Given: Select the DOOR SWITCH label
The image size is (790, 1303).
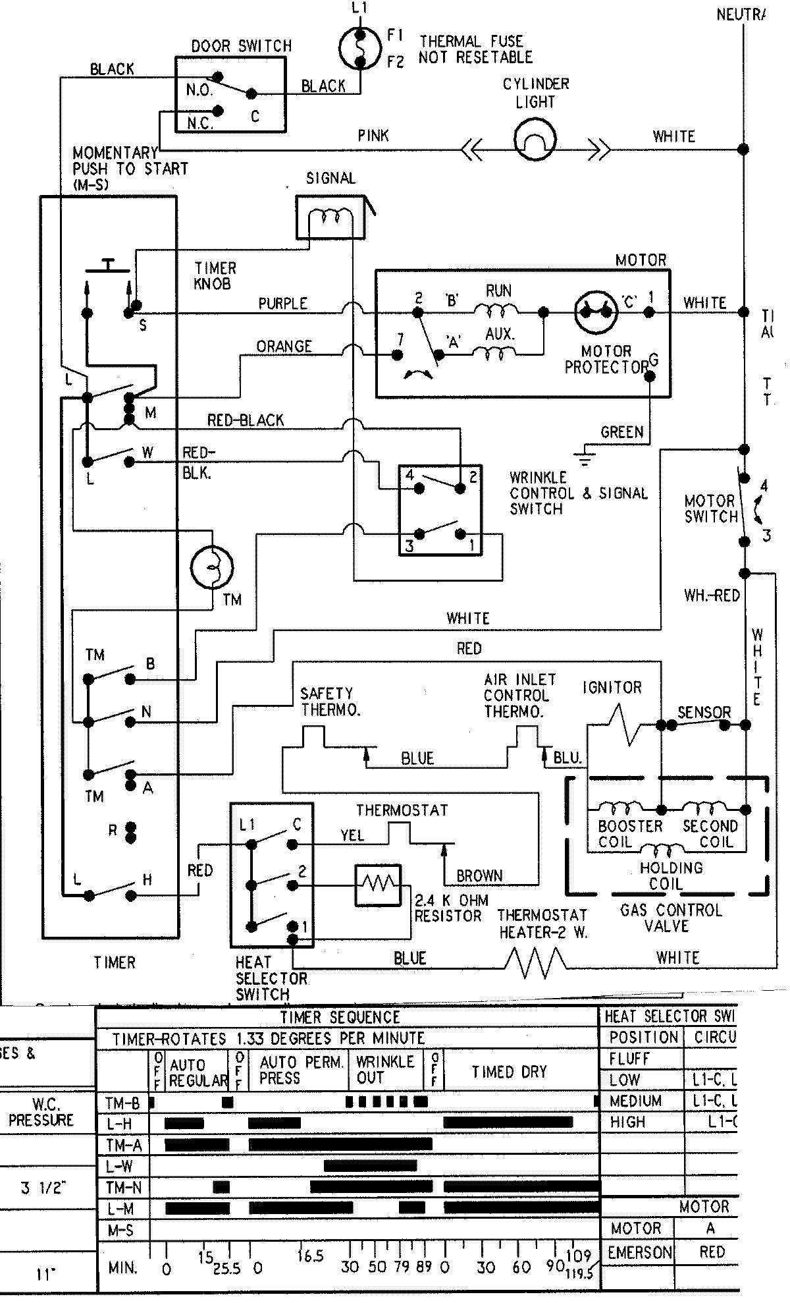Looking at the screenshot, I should coord(242,46).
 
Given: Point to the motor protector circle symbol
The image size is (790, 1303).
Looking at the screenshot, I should coord(596,313).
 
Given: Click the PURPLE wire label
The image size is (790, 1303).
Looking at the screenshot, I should coord(282,304).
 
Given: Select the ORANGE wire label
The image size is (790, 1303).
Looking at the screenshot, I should coord(284,347).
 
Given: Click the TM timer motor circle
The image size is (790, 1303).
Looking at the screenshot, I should coord(212,567).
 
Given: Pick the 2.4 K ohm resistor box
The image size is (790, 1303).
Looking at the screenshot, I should coord(378,885).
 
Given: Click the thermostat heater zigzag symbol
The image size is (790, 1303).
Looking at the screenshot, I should coord(535,962).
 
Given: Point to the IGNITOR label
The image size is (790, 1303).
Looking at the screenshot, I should coord(612,688).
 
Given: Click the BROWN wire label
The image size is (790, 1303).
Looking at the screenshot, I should coord(479,876).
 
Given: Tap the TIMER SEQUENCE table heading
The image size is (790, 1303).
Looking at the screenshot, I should coord(340,1017).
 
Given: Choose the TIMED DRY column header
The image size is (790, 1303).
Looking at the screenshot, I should coord(509,1072).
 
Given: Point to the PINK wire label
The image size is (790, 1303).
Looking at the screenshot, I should coord(373,136).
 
